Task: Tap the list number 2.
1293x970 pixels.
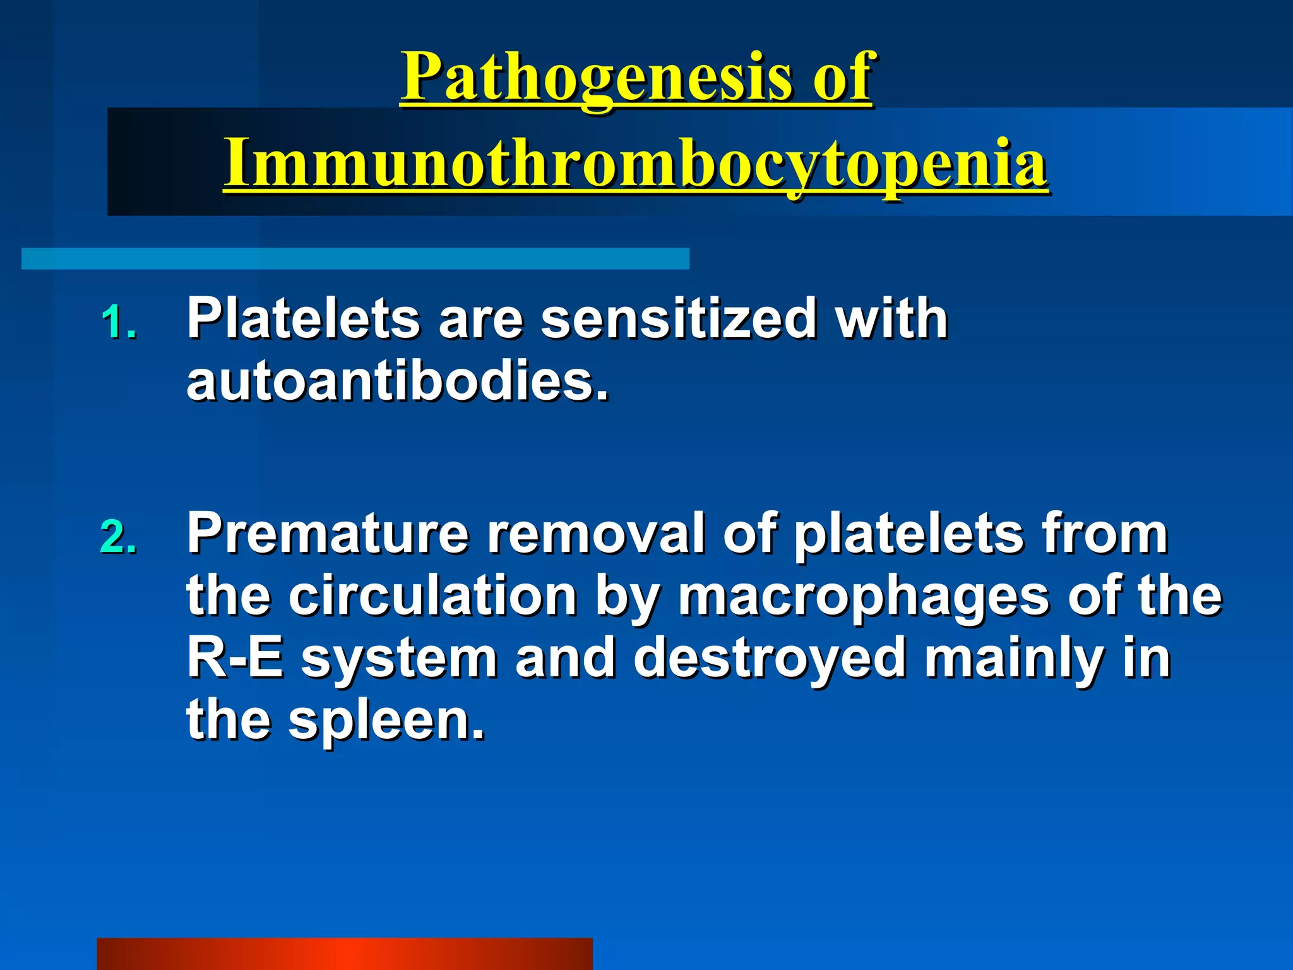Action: (118, 537)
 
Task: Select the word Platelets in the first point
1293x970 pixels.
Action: (304, 319)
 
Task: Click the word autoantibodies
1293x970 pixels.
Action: (398, 382)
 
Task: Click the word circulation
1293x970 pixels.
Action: (432, 597)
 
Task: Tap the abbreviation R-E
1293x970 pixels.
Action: (234, 658)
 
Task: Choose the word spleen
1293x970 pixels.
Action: (386, 722)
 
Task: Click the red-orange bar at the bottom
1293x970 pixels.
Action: (344, 954)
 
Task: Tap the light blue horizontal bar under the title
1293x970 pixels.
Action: (355, 259)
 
